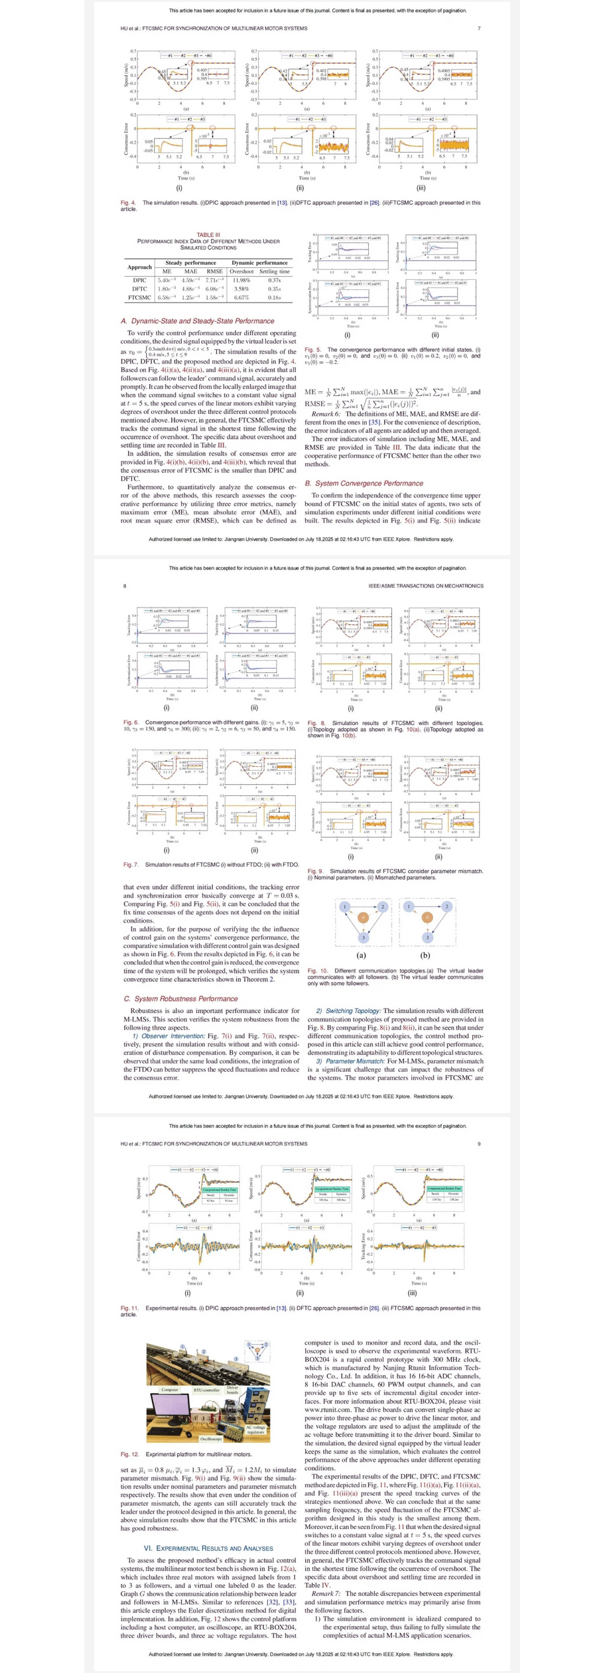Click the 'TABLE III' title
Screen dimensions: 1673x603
[x=205, y=235]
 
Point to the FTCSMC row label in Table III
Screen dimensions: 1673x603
[x=139, y=297]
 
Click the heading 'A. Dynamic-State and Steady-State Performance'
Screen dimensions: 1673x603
[x=197, y=321]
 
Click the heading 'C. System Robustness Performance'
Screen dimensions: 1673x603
[x=180, y=998]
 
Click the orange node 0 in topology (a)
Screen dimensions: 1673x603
[x=363, y=918]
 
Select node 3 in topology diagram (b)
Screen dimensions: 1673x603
[x=427, y=937]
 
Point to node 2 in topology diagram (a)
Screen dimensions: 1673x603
[x=382, y=906]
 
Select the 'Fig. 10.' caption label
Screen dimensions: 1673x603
[x=316, y=970]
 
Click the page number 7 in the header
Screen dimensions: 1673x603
[x=479, y=29]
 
